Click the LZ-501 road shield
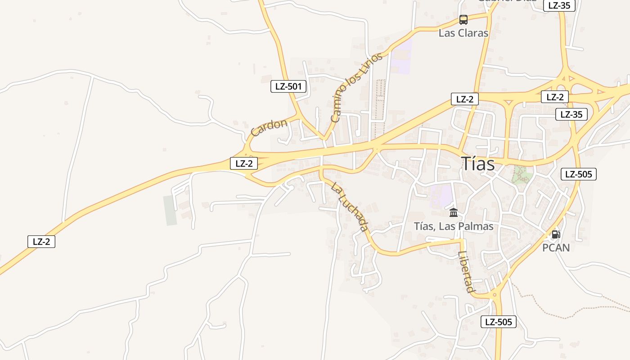pyautogui.click(x=288, y=86)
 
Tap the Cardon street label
pyautogui.click(x=269, y=127)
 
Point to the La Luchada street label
pyautogui.click(x=350, y=207)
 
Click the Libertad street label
pyautogui.click(x=466, y=272)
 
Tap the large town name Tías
pyautogui.click(x=478, y=164)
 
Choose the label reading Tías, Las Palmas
pyautogui.click(x=454, y=226)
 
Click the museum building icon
pyautogui.click(x=454, y=212)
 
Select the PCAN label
pyautogui.click(x=556, y=247)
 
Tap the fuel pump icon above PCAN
pyautogui.click(x=556, y=234)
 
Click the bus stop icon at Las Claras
pyautogui.click(x=463, y=20)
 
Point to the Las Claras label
pyautogui.click(x=463, y=33)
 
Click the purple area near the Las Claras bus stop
pyautogui.click(x=402, y=56)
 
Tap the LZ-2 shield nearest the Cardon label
pyautogui.click(x=244, y=163)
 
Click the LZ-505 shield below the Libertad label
pyautogui.click(x=498, y=322)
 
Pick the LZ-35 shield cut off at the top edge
pyautogui.click(x=559, y=5)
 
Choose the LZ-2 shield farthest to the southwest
pyautogui.click(x=41, y=242)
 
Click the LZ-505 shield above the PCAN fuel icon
pyautogui.click(x=578, y=174)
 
